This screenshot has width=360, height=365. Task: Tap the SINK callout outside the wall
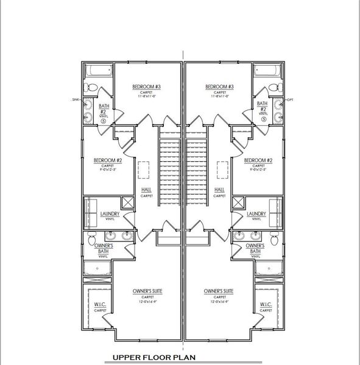76,99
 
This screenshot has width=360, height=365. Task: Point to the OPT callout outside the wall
290,99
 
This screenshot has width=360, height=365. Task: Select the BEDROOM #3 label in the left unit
146,87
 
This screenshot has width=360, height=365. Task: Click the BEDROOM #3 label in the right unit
219,87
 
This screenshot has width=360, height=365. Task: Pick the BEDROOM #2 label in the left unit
108,161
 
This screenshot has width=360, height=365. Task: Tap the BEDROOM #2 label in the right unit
258,161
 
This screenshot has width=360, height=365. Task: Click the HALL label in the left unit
146,190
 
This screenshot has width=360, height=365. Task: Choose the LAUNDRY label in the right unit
256,214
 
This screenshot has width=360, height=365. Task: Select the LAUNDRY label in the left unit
110,214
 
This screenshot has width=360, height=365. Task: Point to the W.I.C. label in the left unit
101,305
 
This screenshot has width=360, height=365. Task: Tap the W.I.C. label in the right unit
266,305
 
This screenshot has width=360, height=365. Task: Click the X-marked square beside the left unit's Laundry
128,203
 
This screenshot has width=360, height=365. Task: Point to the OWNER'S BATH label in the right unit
255,248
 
